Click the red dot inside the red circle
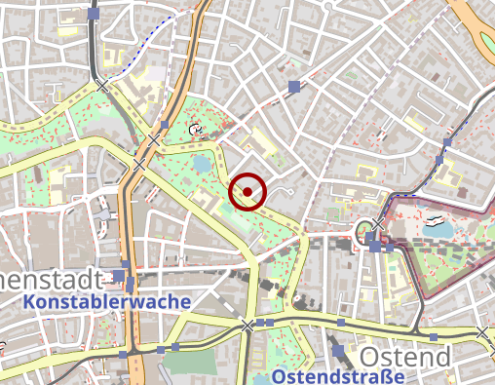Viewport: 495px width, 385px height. tap(248, 191)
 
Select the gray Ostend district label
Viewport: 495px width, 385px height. tap(405, 357)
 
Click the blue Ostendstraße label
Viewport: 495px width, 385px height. tap(338, 376)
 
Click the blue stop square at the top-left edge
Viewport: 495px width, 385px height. tap(93, 15)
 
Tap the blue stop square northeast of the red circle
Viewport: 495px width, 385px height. tap(293, 88)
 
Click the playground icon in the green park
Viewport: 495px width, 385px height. tap(198, 129)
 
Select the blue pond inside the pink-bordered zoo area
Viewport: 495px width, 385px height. tap(441, 230)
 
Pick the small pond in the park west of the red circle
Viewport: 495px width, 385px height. tap(202, 163)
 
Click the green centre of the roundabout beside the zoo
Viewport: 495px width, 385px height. tap(364, 231)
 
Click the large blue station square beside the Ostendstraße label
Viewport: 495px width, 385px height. tap(337, 350)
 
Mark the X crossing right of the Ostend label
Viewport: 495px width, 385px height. tap(482, 333)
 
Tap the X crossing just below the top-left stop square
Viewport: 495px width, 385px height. tap(103, 87)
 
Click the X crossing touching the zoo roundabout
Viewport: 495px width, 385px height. tap(378, 224)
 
